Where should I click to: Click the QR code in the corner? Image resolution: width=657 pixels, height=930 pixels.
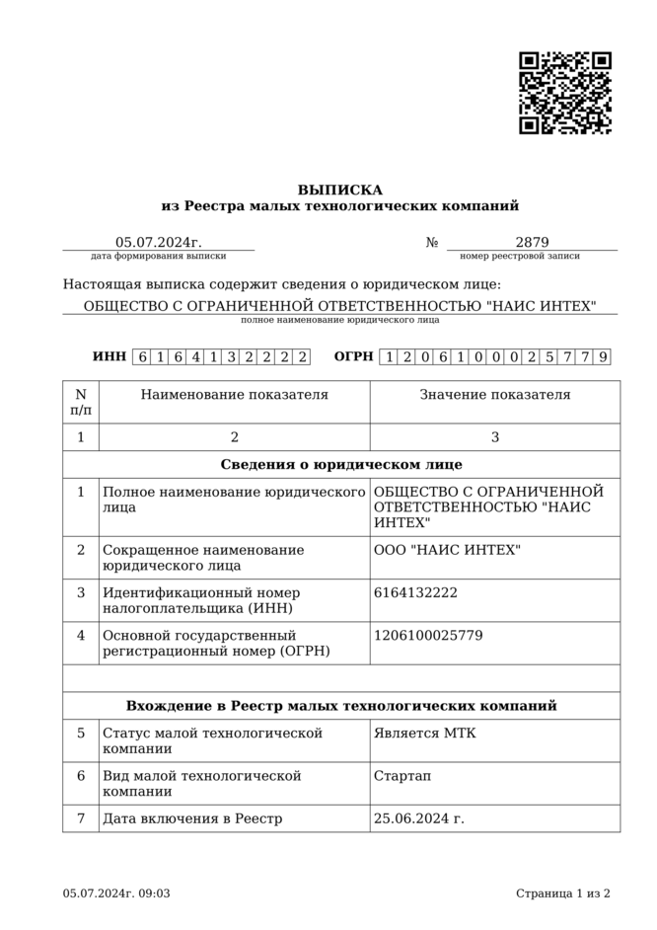pos(565,93)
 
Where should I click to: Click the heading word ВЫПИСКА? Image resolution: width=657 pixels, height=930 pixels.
pos(340,190)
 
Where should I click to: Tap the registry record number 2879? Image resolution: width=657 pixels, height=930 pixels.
pos(532,242)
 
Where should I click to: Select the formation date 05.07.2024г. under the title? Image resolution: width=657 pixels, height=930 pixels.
pos(158,242)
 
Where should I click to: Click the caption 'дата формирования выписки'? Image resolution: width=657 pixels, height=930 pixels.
pos(158,256)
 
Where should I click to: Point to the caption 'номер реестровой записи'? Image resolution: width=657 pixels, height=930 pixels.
pos(520,256)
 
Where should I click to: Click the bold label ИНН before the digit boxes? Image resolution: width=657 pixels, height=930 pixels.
pos(109,356)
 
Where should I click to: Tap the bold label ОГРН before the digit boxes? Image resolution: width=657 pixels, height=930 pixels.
pos(353,356)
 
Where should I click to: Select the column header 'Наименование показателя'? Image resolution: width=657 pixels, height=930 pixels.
pos(234,395)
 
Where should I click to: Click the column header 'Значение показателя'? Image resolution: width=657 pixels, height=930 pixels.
pos(495,395)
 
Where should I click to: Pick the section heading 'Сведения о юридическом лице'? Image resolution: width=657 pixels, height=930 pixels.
pos(341,464)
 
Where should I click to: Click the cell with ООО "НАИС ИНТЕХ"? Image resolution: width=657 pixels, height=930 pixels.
pos(447,550)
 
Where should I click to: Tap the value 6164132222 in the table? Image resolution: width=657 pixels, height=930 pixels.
pos(415,592)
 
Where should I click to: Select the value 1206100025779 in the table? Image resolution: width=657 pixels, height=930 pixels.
pos(428,635)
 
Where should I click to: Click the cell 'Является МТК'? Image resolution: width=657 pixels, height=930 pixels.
pos(424,734)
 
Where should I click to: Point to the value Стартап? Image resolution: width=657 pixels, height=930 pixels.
pos(402,776)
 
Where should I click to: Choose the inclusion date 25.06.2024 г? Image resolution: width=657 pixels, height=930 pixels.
pos(419,818)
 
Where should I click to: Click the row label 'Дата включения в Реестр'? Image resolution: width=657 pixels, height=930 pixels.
pos(192,818)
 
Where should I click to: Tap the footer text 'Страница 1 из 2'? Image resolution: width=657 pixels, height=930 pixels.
pos(562,893)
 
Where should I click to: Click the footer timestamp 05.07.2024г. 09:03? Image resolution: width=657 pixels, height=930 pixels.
pos(116,893)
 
